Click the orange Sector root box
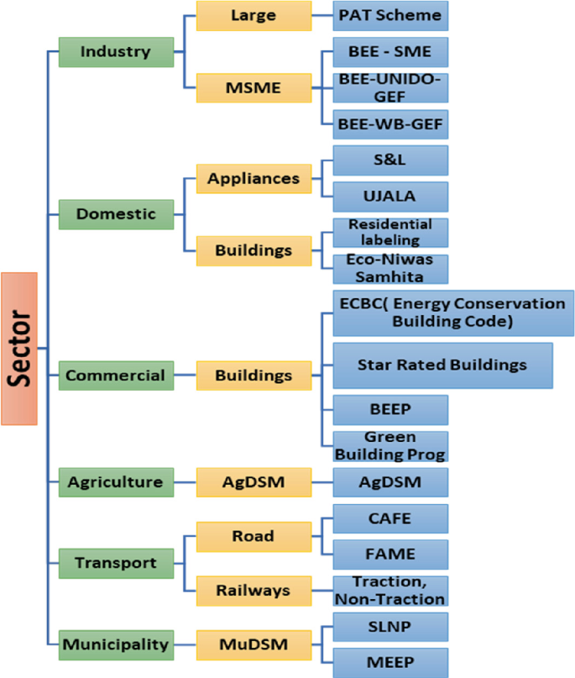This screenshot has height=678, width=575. (x=19, y=348)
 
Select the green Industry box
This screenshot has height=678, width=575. (x=116, y=51)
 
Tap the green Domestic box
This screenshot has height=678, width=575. (x=116, y=213)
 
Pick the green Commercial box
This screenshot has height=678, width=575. (x=116, y=375)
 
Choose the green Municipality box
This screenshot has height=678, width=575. (x=116, y=644)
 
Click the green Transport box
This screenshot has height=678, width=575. (x=116, y=563)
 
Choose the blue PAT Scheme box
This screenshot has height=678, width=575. (x=390, y=15)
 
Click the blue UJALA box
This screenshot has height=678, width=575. (x=390, y=197)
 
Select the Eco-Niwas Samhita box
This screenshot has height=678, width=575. (x=390, y=268)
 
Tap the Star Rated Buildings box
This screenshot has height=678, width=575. (x=442, y=365)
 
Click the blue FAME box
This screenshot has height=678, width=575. (x=390, y=554)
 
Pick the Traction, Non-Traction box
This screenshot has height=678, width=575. (x=390, y=591)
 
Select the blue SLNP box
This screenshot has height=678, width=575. (x=390, y=626)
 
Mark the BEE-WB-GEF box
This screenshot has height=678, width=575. (x=390, y=124)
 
